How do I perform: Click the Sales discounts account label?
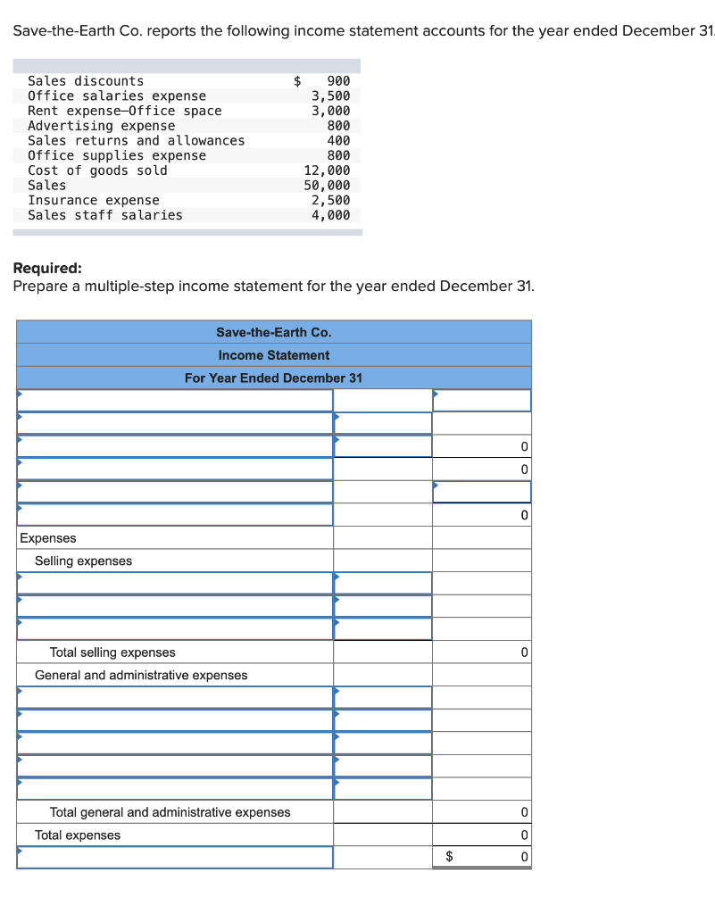(86, 81)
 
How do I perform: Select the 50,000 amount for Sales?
(328, 186)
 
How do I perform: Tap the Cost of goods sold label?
(97, 170)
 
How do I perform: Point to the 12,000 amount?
(328, 170)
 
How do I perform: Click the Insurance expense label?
(94, 201)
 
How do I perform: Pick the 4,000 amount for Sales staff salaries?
(331, 215)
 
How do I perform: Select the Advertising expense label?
(102, 126)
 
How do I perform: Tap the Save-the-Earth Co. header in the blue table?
(273, 332)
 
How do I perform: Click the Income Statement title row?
(273, 355)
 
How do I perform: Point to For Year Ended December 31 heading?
(273, 378)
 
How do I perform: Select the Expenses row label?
(48, 538)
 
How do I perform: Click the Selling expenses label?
(83, 561)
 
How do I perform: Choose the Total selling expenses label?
(112, 652)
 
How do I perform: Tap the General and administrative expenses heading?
(141, 676)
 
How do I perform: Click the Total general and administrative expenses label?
(170, 812)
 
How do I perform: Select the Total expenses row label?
(78, 835)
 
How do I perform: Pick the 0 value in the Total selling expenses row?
(524, 652)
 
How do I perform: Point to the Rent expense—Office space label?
(125, 111)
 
